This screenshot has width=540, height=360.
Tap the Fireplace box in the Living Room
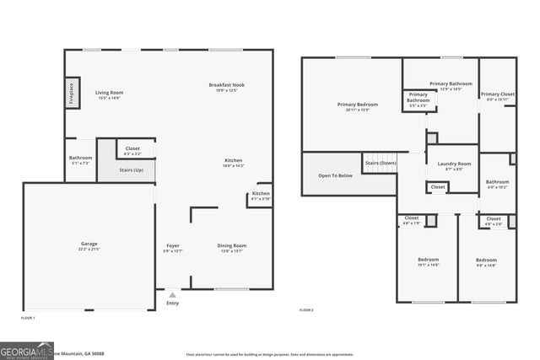(x=71, y=92)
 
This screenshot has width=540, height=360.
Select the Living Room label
(x=109, y=93)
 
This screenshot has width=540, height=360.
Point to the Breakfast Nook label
(x=227, y=85)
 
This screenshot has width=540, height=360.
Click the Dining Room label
(x=232, y=245)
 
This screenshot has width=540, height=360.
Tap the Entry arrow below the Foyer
(x=172, y=295)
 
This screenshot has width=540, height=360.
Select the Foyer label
(x=172, y=245)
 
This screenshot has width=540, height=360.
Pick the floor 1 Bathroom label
(x=80, y=158)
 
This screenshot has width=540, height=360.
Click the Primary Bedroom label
(x=358, y=105)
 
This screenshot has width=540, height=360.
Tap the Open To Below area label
(x=335, y=175)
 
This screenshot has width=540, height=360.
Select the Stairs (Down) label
(x=380, y=163)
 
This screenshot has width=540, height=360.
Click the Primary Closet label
(x=497, y=94)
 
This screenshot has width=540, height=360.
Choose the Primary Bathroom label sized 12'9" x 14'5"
(x=451, y=84)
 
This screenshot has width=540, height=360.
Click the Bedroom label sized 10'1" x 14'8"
(x=428, y=260)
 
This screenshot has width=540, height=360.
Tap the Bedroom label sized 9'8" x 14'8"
(x=486, y=260)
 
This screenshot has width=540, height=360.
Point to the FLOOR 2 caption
(x=306, y=310)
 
